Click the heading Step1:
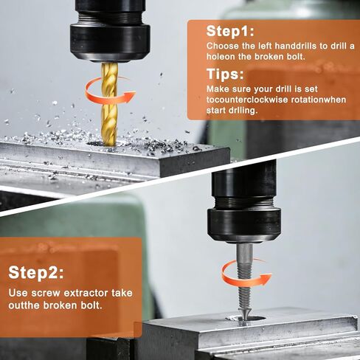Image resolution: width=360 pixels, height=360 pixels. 230,31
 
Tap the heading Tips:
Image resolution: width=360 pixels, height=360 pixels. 225,75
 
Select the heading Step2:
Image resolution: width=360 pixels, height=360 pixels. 36,272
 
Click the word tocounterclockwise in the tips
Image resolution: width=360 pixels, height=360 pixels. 247,100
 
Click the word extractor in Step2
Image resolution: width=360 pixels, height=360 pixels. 86,293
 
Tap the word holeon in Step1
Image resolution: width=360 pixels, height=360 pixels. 221,57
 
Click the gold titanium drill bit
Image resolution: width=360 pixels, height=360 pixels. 109,104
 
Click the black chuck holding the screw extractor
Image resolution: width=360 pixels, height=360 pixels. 244,207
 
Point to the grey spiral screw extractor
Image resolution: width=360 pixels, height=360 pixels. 244,283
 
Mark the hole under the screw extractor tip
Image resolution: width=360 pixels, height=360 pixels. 246,319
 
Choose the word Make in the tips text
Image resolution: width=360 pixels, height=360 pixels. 218,89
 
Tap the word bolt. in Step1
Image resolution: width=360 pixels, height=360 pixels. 296,57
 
